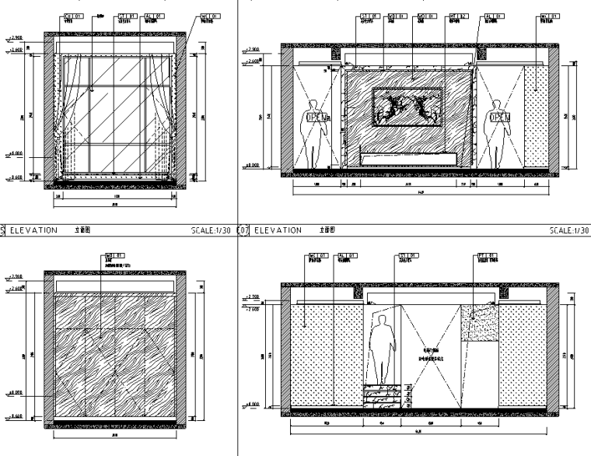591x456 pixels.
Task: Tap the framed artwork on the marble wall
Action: point(407,107)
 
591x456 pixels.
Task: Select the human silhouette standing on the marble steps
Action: point(381,350)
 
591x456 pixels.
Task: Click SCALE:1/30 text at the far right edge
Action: point(569,230)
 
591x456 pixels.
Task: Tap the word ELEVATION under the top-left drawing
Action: point(33,230)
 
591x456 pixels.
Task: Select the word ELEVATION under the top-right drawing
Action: point(278,230)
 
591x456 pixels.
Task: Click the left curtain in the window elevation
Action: point(61,117)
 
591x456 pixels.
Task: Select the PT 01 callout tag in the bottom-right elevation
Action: point(483,254)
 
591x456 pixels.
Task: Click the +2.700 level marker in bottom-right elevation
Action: point(253,296)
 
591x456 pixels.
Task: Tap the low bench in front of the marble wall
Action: point(407,160)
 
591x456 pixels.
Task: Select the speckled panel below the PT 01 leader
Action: point(479,323)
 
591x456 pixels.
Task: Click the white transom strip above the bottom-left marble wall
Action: point(114,287)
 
